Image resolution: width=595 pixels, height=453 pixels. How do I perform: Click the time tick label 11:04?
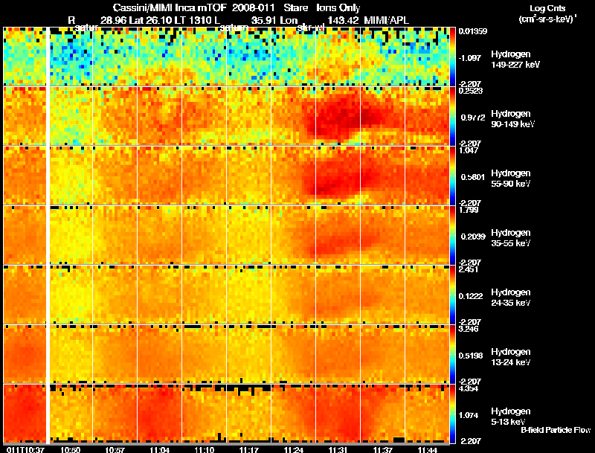pyautogui.click(x=159, y=449)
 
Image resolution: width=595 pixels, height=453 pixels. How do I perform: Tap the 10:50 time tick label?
pyautogui.click(x=70, y=449)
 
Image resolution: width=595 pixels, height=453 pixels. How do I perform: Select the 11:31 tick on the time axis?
pyautogui.click(x=338, y=449)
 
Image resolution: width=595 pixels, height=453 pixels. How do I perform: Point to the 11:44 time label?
pyautogui.click(x=427, y=449)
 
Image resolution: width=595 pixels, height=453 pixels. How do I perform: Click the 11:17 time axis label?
pyautogui.click(x=248, y=449)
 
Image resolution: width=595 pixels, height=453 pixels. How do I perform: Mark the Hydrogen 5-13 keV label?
pyautogui.click(x=511, y=417)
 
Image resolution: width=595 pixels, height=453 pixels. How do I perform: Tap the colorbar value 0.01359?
pyautogui.click(x=473, y=31)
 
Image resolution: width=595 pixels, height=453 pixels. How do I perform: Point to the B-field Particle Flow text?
pyautogui.click(x=555, y=430)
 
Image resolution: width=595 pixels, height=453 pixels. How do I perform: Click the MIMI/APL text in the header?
pyautogui.click(x=385, y=19)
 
